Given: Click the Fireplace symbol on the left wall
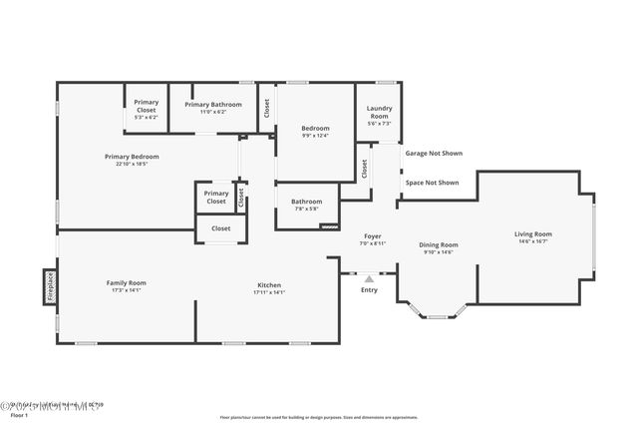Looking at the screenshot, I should [x=50, y=286].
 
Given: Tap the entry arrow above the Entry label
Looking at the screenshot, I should [x=369, y=278].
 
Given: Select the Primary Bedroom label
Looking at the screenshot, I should [x=132, y=157].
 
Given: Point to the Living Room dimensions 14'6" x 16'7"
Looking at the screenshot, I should [x=533, y=240].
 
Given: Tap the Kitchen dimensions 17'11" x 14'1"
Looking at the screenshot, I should [x=269, y=292].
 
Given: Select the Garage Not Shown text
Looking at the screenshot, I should [x=434, y=154].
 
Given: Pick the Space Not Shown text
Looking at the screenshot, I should [x=432, y=183].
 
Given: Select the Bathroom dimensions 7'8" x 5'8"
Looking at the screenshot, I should [x=306, y=209].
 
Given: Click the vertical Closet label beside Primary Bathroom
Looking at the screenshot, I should [x=266, y=108].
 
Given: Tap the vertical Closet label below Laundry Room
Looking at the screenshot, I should [x=364, y=169].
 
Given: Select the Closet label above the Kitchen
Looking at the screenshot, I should [x=220, y=227].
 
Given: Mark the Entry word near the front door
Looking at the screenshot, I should [x=369, y=290].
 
